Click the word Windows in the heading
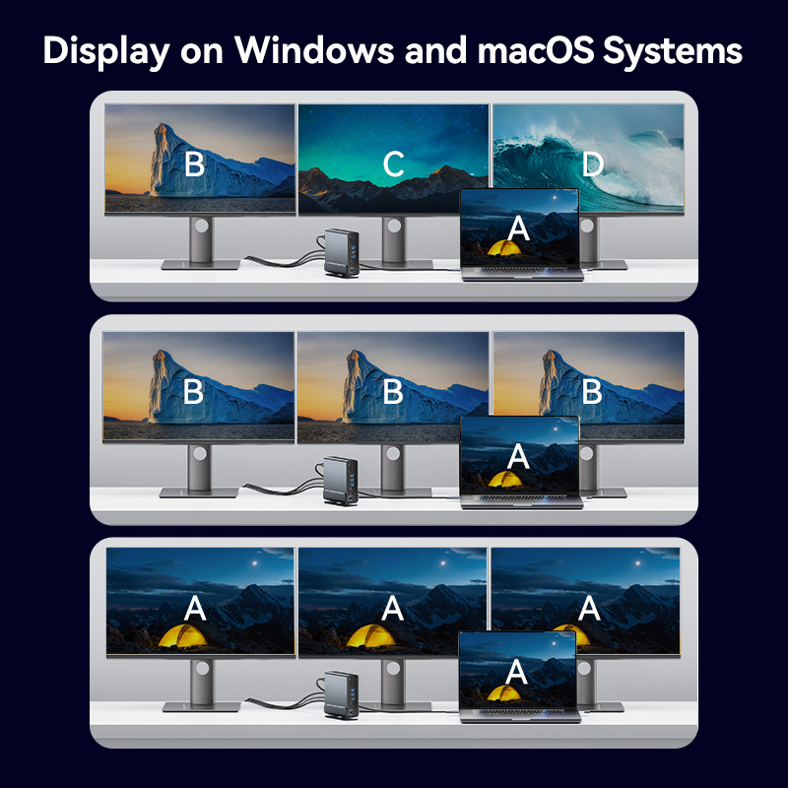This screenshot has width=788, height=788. pos(313,50)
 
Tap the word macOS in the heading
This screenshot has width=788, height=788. pos(535,50)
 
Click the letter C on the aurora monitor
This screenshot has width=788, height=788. pos(393,164)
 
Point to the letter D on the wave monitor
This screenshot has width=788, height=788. pos(593,164)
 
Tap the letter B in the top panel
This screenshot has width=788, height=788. pos(194,164)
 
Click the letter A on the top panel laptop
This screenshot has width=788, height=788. pos(518,230)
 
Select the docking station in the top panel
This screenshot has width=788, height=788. pos(342,253)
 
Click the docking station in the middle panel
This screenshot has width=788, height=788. pos(341,481)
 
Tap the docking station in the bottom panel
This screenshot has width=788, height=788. pos(342,695)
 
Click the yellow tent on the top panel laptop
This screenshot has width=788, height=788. pos(505,248)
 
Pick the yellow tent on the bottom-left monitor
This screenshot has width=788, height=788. pos(183,635)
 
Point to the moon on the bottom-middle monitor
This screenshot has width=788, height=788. pos(442,563)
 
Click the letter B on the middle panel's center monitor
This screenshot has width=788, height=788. pos(392,391)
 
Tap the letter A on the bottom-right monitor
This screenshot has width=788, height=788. pos(589,608)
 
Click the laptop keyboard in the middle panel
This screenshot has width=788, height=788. pos(522,497)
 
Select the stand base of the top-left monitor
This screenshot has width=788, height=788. pos(201,265)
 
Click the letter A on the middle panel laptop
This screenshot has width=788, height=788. pos(518,457)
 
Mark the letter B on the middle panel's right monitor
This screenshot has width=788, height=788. pos(592,391)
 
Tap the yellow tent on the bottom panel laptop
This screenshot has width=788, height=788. pos(503,693)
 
